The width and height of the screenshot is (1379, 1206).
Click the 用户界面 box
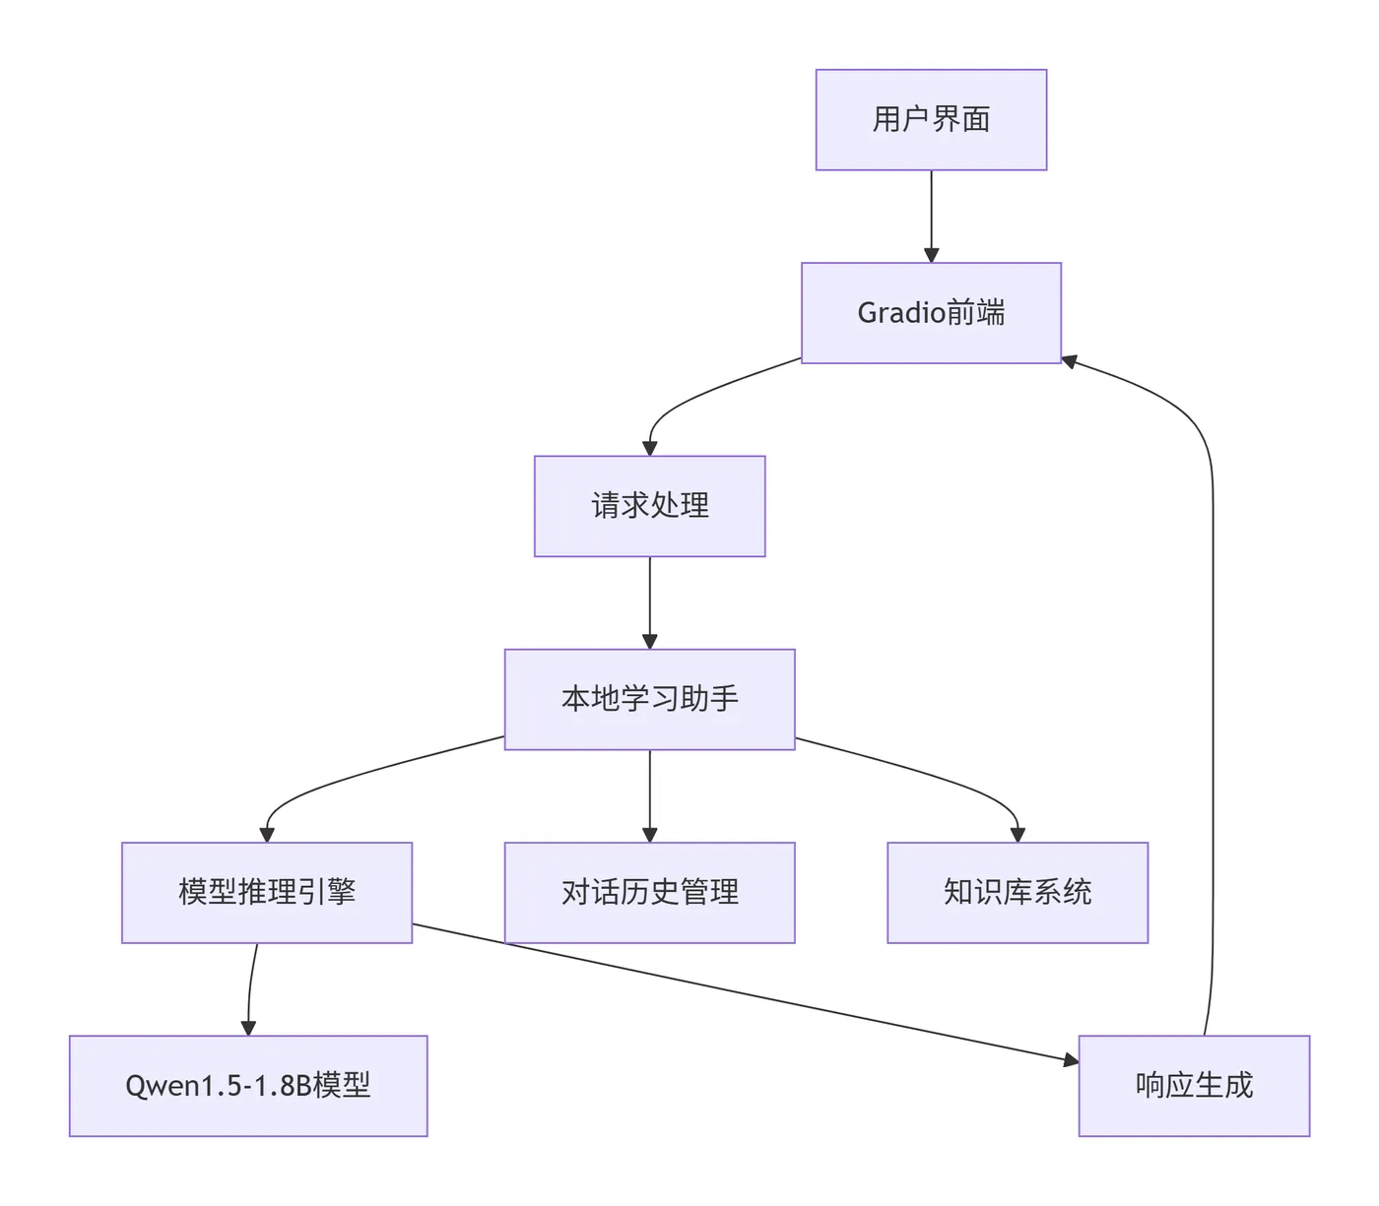(931, 120)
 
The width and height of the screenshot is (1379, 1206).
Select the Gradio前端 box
(931, 313)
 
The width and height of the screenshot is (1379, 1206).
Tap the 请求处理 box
(649, 506)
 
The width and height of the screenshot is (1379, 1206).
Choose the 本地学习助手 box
(649, 699)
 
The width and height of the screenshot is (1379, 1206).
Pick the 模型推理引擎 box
(267, 892)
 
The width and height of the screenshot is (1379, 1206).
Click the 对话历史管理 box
(649, 892)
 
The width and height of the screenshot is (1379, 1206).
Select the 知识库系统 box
(1018, 892)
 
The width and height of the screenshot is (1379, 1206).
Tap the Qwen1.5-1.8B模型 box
(248, 1085)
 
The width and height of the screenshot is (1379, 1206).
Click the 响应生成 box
(1194, 1085)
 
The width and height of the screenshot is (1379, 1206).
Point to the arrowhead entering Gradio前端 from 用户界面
(931, 255)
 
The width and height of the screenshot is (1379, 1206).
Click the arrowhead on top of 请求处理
(649, 448)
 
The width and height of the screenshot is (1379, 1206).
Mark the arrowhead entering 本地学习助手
(649, 641)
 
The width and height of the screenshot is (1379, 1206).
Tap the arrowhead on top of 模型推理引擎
(267, 834)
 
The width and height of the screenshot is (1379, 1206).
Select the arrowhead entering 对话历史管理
(649, 834)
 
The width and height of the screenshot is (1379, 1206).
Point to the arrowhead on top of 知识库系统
(1018, 834)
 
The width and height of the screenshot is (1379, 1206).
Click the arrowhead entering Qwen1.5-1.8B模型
(248, 1027)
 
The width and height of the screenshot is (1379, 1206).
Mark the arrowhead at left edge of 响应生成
(1071, 1060)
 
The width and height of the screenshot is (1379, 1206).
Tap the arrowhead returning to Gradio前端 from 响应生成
(1070, 361)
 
